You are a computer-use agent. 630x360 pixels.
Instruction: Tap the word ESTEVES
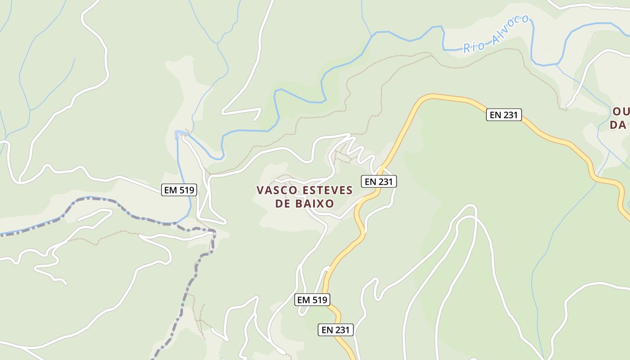[x=327, y=190]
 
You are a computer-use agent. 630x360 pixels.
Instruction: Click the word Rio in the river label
[x=473, y=46]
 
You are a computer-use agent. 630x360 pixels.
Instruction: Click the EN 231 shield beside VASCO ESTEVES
[x=379, y=182]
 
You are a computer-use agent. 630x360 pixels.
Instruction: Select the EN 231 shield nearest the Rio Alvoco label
[x=504, y=115]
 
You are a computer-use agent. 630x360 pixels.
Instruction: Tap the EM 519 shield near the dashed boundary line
[x=179, y=190]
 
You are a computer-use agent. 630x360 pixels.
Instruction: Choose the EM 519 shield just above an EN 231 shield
[x=312, y=299]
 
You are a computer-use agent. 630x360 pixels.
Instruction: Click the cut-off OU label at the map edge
[x=621, y=112]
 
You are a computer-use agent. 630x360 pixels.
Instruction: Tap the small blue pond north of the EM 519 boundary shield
[x=180, y=133]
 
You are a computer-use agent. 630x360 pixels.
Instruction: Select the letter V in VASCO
[x=260, y=190]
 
